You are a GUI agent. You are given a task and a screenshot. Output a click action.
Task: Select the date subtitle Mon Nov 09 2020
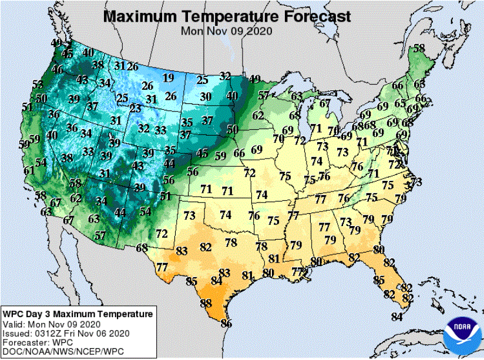pyautogui.click(x=226, y=31)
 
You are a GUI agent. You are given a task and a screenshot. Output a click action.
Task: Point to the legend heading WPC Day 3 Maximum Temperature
pyautogui.click(x=78, y=314)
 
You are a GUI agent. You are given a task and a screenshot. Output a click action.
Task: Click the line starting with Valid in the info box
pyautogui.click(x=52, y=324)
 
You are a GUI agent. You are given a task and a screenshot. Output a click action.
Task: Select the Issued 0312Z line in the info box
pyautogui.click(x=66, y=333)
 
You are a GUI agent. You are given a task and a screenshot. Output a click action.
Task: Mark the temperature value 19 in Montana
pyautogui.click(x=169, y=78)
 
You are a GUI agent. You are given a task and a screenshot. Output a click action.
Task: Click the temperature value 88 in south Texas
pyautogui.click(x=206, y=304)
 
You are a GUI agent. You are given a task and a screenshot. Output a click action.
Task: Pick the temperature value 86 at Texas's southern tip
pyautogui.click(x=226, y=324)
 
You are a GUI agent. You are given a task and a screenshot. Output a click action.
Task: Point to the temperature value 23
pyautogui.click(x=135, y=109)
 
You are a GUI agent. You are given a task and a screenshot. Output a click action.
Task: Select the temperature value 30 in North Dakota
pyautogui.click(x=205, y=97)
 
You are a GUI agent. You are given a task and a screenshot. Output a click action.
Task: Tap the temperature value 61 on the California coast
pyautogui.click(x=29, y=171)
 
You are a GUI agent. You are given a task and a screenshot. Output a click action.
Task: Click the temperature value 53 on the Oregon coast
pyautogui.click(x=38, y=85)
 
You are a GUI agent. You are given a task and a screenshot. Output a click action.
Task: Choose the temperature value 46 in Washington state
pyautogui.click(x=58, y=69)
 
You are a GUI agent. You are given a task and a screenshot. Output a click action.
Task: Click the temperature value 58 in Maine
pyautogui.click(x=419, y=48)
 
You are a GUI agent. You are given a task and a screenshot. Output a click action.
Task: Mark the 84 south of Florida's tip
pyautogui.click(x=398, y=317)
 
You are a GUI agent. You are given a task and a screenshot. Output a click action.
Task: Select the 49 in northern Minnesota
pyautogui.click(x=255, y=79)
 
